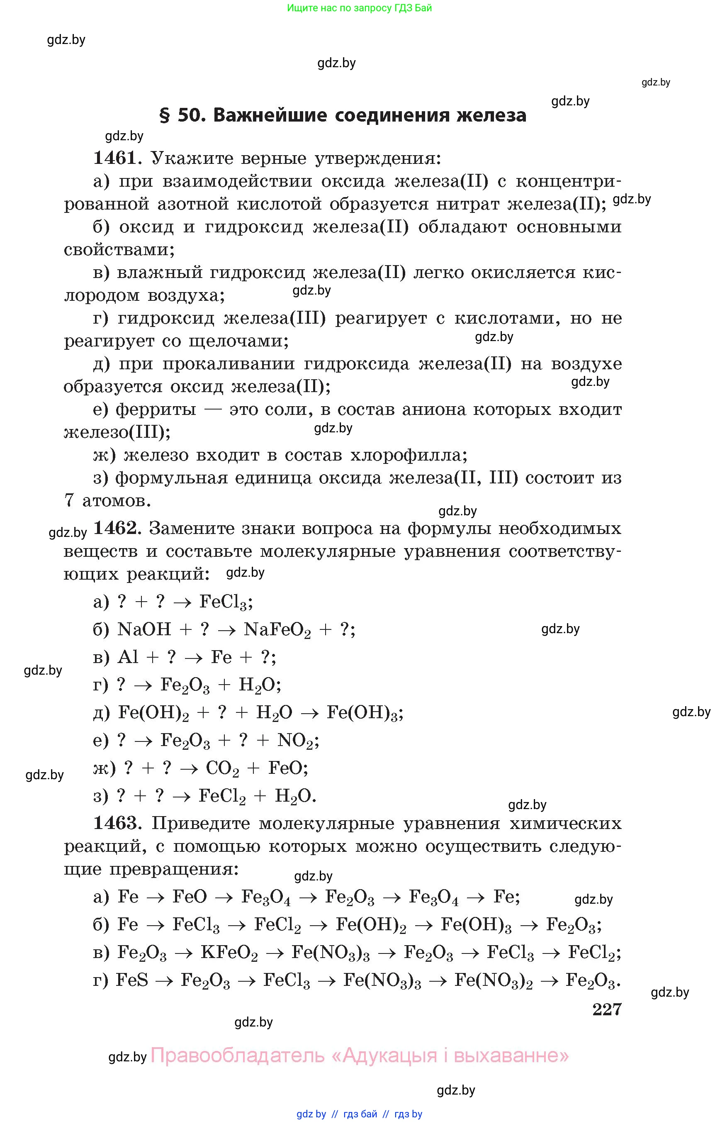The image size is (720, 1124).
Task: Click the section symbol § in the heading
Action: tap(165, 115)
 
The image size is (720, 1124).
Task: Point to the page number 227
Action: tap(607, 1009)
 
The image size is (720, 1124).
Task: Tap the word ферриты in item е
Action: tap(156, 410)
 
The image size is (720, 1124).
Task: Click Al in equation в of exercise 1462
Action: tap(128, 657)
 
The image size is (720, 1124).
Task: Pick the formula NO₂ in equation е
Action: tap(297, 741)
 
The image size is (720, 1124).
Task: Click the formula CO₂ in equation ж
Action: tap(223, 768)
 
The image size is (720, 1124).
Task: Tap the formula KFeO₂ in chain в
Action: tap(229, 952)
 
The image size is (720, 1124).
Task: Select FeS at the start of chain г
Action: tap(132, 980)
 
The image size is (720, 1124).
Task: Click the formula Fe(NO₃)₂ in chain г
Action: tap(493, 980)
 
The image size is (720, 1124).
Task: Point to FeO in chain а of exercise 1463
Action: tap(190, 897)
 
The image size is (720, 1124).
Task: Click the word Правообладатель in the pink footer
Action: tap(238, 1056)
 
